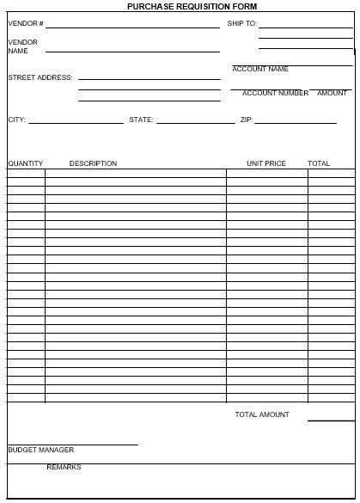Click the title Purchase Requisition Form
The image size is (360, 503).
click(x=180, y=6)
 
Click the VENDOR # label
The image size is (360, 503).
click(x=26, y=24)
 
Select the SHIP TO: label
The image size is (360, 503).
click(x=242, y=24)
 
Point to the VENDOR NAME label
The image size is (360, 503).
click(x=23, y=46)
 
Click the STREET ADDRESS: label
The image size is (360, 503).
click(x=40, y=77)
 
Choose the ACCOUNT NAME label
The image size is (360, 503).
click(x=260, y=69)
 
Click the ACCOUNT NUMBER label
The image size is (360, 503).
click(x=275, y=93)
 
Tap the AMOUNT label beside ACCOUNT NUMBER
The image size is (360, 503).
click(x=333, y=93)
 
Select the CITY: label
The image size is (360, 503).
click(x=17, y=120)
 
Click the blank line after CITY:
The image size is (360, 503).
click(x=76, y=123)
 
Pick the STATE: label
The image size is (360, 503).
click(x=141, y=120)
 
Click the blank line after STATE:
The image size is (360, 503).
click(x=196, y=123)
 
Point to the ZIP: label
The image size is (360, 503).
click(x=246, y=120)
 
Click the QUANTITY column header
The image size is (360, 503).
click(x=26, y=163)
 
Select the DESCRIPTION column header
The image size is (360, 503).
click(x=93, y=163)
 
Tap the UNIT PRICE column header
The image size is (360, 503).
click(x=266, y=163)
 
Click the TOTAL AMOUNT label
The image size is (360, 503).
click(x=262, y=414)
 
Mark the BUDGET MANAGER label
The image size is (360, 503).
click(x=41, y=450)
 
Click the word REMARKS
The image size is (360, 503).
click(x=64, y=467)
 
